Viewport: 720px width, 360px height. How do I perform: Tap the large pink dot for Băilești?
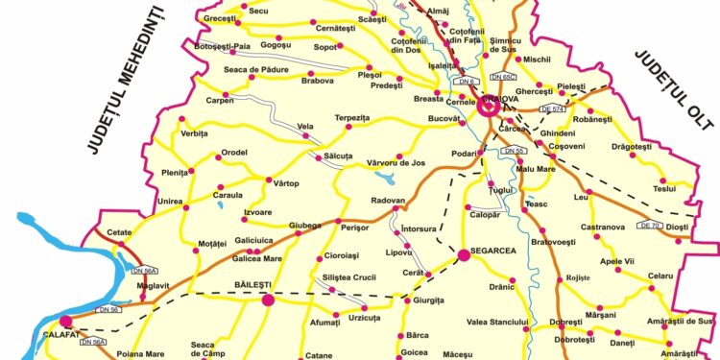[x=268, y=300]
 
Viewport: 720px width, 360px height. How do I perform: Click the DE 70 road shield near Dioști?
[x=649, y=226]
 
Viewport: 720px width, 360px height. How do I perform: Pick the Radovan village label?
[x=389, y=201]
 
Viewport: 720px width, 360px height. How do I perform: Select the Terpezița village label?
[x=352, y=117]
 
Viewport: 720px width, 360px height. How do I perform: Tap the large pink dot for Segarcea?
[x=463, y=255]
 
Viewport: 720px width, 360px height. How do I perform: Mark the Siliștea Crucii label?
[x=349, y=276]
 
